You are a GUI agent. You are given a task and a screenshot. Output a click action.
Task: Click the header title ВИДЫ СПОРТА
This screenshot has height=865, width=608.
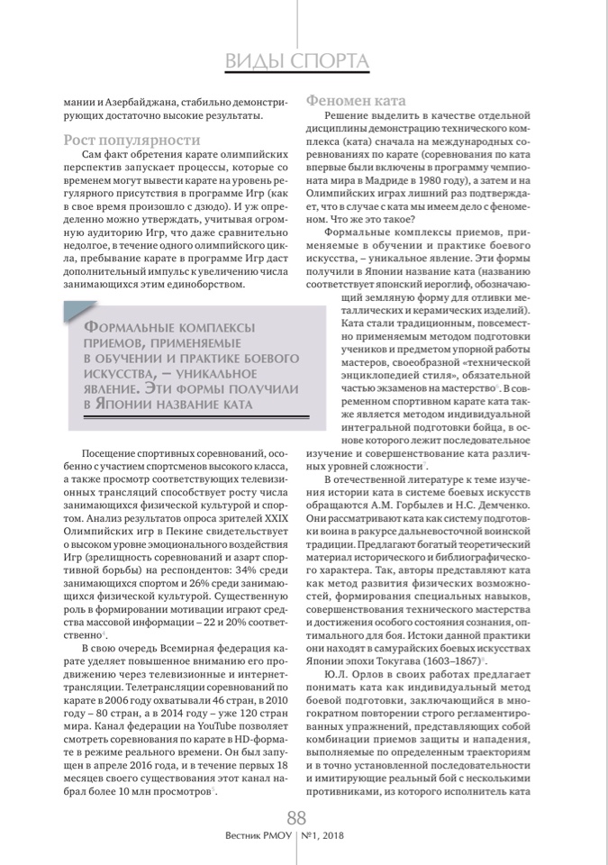click(296, 60)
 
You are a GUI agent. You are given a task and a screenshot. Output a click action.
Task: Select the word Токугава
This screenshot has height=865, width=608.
click(368, 659)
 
